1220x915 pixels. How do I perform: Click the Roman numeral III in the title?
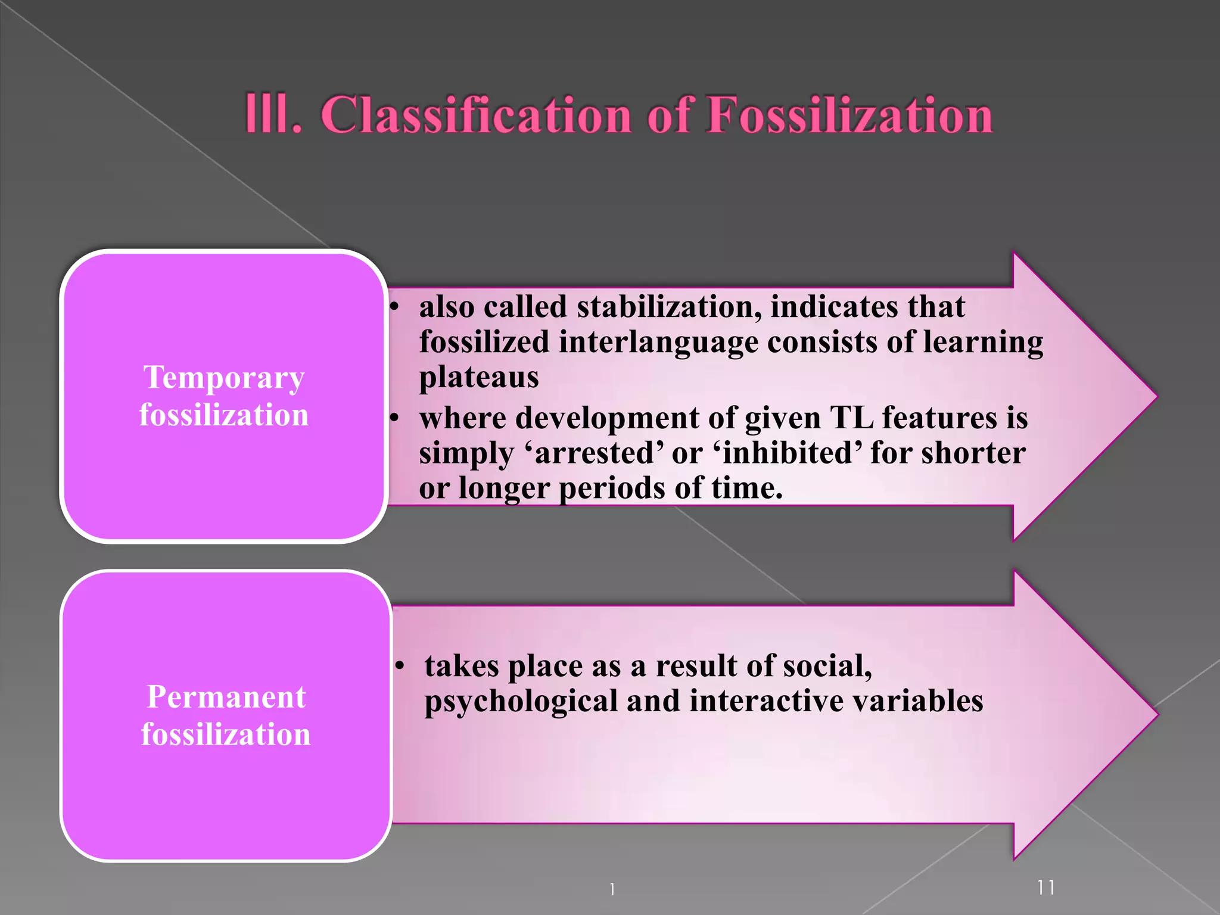[x=273, y=114]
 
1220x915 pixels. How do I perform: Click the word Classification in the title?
[x=476, y=114]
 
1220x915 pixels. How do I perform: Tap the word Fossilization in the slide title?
[x=849, y=114]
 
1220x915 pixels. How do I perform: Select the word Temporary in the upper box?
[x=224, y=378]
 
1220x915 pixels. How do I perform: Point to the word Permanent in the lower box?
[x=226, y=696]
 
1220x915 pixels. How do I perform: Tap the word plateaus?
[x=479, y=377]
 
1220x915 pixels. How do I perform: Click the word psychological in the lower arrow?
[x=521, y=701]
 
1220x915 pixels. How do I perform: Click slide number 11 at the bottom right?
[x=1045, y=888]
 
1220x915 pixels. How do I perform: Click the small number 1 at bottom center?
[x=612, y=889]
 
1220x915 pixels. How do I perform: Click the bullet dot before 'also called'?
[x=394, y=307]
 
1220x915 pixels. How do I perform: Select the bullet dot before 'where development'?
[x=394, y=418]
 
